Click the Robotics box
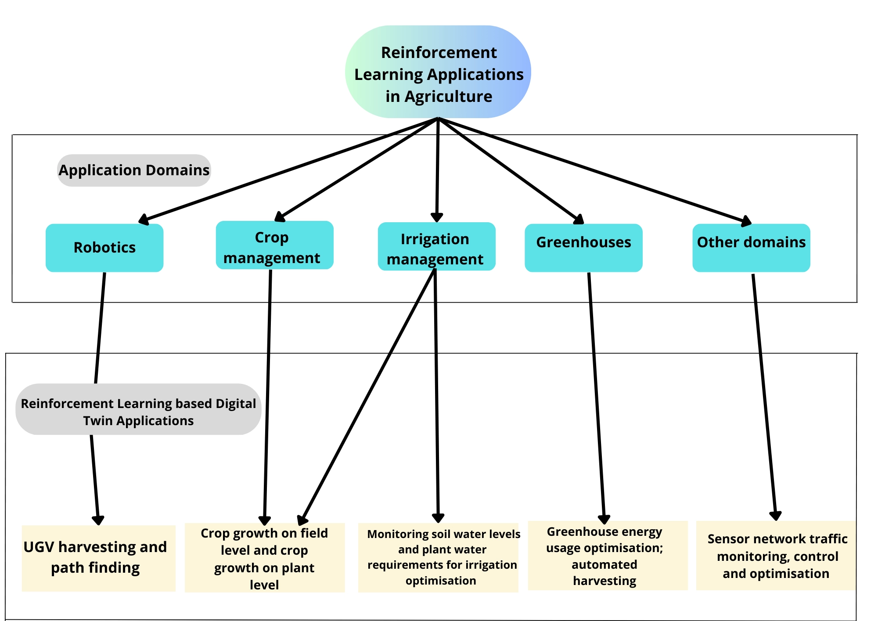pyautogui.click(x=104, y=248)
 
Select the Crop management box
pyautogui.click(x=274, y=245)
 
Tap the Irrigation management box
pyautogui.click(x=436, y=246)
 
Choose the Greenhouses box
pyautogui.click(x=583, y=248)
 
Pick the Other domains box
pyautogui.click(x=751, y=248)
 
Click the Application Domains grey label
pyautogui.click(x=134, y=170)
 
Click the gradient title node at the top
pyautogui.click(x=438, y=72)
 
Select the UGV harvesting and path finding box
pyautogui.click(x=98, y=558)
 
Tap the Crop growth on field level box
pyautogui.click(x=264, y=558)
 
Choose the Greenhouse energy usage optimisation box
pyautogui.click(x=608, y=556)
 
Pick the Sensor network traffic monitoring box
pyautogui.click(x=776, y=556)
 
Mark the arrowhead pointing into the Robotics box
pyautogui.click(x=144, y=219)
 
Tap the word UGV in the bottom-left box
pyautogui.click(x=39, y=547)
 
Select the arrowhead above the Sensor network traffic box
pyautogui.click(x=776, y=516)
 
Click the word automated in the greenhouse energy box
pyautogui.click(x=604, y=564)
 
